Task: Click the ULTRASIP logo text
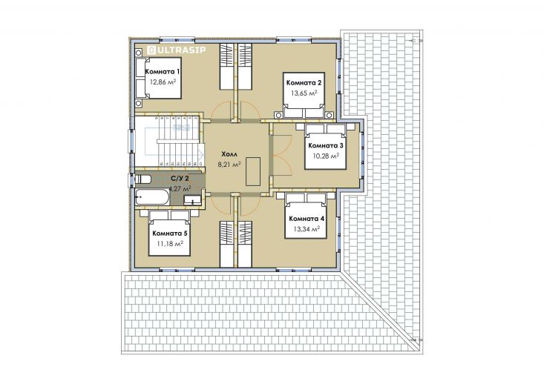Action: pos(177,50)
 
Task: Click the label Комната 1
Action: pos(163,72)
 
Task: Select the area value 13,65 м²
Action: pos(304,93)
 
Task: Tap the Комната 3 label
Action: pos(325,145)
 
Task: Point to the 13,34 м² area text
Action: pos(307,229)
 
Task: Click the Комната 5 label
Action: pos(170,234)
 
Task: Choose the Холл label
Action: pos(229,154)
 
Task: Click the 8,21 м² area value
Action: pos(229,165)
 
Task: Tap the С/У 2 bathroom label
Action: pos(180,179)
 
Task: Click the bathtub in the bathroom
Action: pos(152,197)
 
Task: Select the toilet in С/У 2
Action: pos(143,179)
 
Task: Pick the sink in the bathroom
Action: pos(192,200)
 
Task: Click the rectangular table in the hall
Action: pos(253,171)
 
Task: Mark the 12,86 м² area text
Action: pos(163,82)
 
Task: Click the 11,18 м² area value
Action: pos(170,244)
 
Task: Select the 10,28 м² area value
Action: pos(326,156)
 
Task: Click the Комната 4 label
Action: pos(307,219)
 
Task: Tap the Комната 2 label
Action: pos(304,82)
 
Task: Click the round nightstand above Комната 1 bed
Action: pos(139,53)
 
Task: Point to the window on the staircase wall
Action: pos(132,142)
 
